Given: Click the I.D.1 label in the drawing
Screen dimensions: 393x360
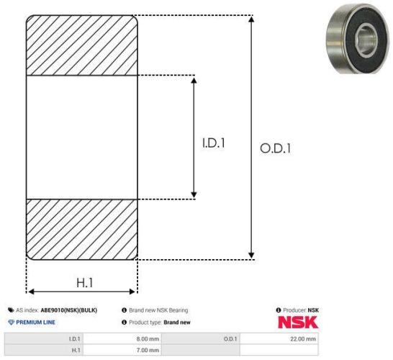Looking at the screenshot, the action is tap(214, 143).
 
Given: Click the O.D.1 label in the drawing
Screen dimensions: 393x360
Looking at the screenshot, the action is tap(276, 148).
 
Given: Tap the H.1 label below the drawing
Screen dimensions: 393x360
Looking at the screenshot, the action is tap(85, 283).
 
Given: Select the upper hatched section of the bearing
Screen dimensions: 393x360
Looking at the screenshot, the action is tap(82, 45).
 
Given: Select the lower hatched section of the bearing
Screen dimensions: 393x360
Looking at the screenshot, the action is tap(82, 230).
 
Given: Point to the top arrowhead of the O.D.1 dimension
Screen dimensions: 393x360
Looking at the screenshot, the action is tap(251, 19).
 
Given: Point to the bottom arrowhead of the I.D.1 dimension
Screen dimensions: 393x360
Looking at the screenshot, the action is tap(194, 195).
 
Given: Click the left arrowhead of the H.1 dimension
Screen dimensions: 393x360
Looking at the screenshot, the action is tap(31, 292).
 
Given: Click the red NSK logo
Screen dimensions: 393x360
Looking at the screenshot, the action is tap(298, 322).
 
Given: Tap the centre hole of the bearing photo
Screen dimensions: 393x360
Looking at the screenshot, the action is tap(366, 40).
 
